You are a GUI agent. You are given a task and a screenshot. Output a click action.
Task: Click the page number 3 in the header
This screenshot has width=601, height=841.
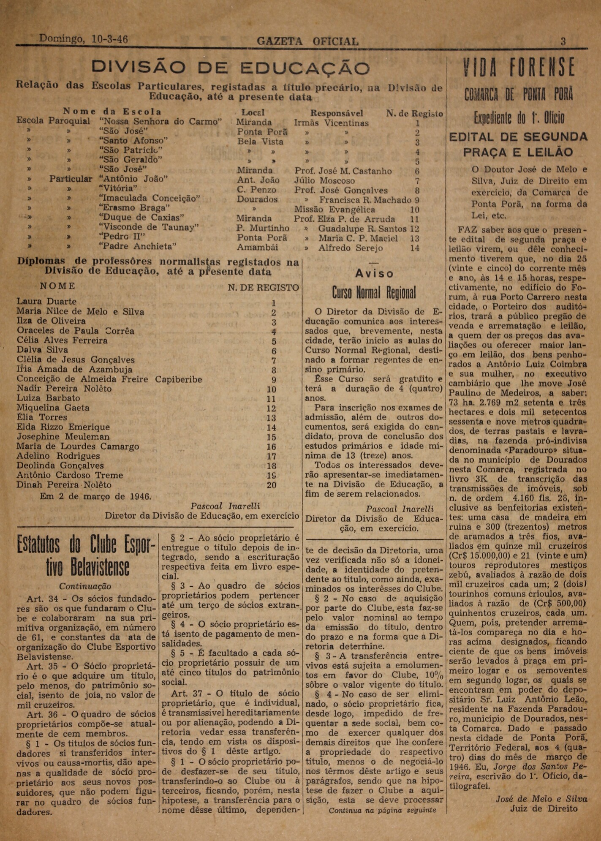pyautogui.click(x=563, y=41)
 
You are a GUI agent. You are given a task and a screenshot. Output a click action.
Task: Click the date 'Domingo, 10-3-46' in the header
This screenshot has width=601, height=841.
pyautogui.click(x=84, y=39)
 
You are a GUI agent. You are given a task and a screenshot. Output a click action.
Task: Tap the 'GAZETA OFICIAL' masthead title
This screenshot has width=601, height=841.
pyautogui.click(x=308, y=41)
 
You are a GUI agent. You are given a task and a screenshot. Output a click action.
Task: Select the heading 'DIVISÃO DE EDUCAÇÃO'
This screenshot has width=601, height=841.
pyautogui.click(x=231, y=68)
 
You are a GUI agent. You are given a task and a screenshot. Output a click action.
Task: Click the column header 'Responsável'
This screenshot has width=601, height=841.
pyautogui.click(x=337, y=113)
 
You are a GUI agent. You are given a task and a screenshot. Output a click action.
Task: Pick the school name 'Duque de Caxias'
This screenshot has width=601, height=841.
pyautogui.click(x=141, y=218)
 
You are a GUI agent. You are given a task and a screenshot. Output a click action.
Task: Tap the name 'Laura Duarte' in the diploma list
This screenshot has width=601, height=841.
pyautogui.click(x=46, y=301)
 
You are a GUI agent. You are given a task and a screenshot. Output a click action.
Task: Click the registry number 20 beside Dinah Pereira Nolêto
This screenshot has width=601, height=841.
pyautogui.click(x=272, y=485)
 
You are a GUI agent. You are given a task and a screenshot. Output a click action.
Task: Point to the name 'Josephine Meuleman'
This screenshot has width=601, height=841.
pyautogui.click(x=63, y=437)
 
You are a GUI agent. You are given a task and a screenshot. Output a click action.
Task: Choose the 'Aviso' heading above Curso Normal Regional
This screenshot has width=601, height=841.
pyautogui.click(x=374, y=274)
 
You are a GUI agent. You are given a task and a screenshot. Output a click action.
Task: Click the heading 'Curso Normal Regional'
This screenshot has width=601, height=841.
pyautogui.click(x=374, y=292)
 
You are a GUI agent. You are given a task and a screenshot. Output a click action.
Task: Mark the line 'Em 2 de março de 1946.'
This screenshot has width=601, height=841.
pyautogui.click(x=95, y=496)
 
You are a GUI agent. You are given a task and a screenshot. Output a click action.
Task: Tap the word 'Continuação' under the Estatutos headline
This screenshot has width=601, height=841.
pyautogui.click(x=85, y=586)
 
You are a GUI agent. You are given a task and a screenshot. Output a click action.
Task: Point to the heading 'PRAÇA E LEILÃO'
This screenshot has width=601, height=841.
pyautogui.click(x=518, y=152)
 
